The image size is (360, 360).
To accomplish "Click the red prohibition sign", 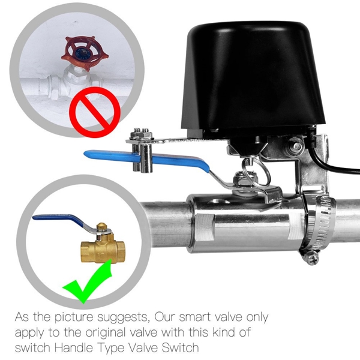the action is click(x=95, y=112).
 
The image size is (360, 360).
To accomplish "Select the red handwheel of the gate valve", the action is click(x=85, y=53).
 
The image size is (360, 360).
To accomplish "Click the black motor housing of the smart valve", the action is click(x=253, y=80).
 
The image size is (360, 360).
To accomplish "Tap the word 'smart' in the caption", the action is click(x=194, y=317).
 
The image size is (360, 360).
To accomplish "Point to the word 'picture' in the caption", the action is click(x=74, y=318).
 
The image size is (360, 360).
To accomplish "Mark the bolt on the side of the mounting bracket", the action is click(x=296, y=145).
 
